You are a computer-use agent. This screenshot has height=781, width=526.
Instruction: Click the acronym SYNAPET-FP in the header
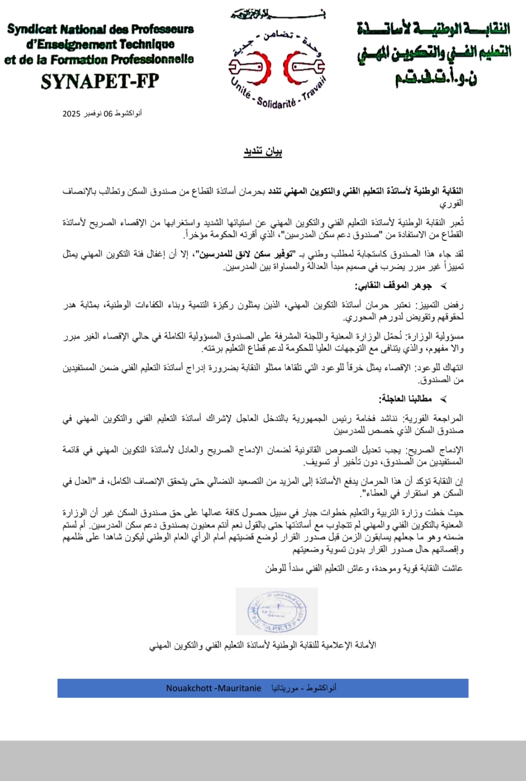(100, 81)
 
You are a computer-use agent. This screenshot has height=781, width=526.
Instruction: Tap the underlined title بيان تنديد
(263, 152)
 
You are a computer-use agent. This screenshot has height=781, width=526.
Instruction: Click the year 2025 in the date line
(71, 114)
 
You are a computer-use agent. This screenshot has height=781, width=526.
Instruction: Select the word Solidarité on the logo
(276, 103)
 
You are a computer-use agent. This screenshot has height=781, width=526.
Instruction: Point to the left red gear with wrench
(250, 67)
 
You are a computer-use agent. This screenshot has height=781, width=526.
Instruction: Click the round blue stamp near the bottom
(276, 611)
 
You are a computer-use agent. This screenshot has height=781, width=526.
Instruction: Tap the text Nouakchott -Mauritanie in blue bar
(213, 688)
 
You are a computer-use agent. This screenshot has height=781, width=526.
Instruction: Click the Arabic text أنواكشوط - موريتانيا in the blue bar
(304, 688)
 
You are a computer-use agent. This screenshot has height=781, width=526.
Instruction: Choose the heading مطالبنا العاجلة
(405, 399)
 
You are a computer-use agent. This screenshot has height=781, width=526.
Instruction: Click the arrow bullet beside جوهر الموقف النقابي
(443, 286)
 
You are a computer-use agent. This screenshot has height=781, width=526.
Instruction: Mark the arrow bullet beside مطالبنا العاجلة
(443, 400)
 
